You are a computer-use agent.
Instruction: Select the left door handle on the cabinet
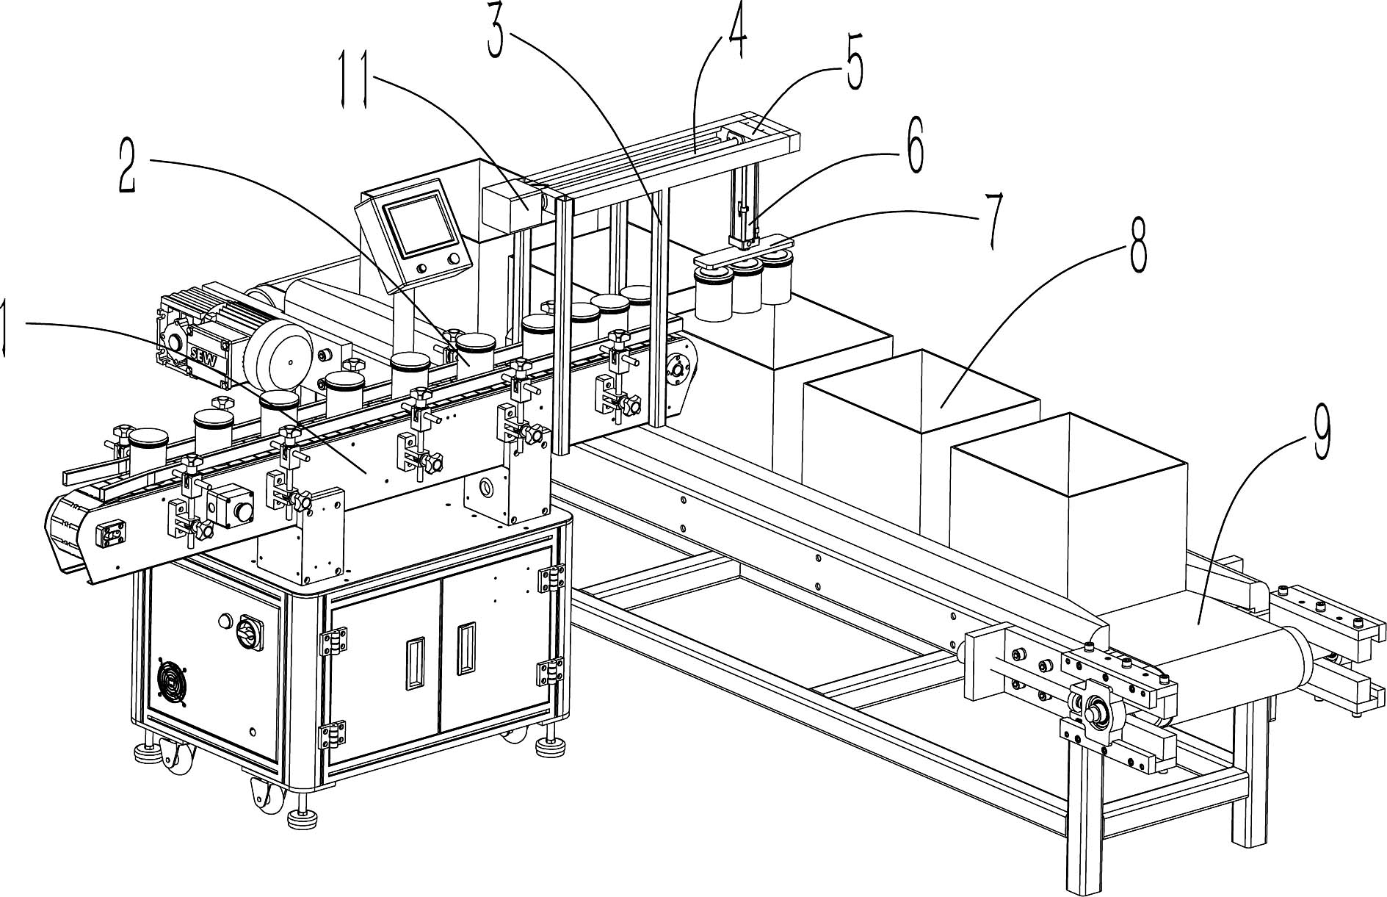(x=414, y=663)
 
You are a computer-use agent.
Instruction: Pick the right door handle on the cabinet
(x=465, y=649)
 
